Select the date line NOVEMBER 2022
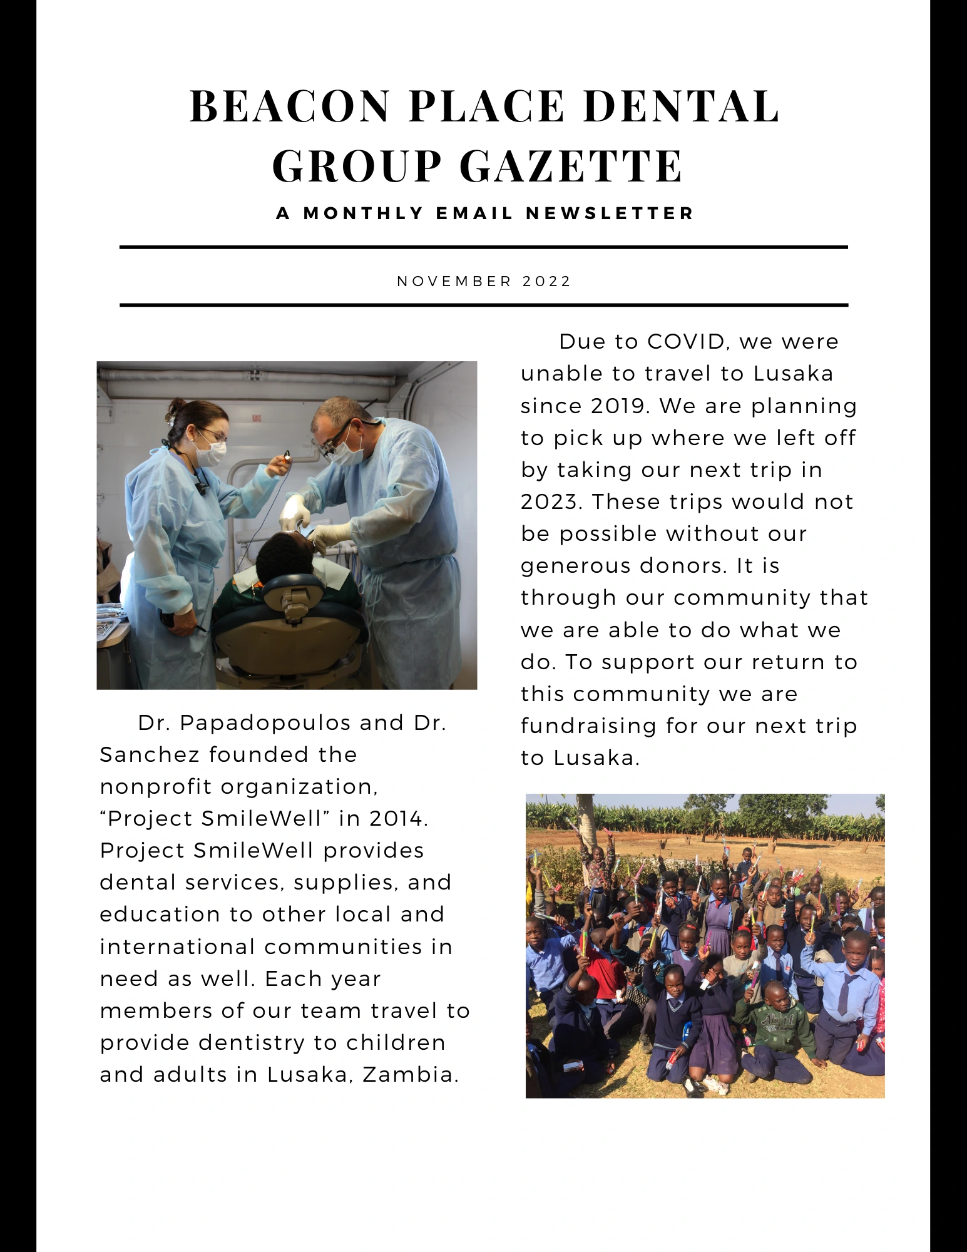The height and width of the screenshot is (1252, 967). pos(484,281)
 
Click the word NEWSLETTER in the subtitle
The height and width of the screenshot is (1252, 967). pos(610,213)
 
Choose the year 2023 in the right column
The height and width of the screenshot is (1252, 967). pos(550,502)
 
